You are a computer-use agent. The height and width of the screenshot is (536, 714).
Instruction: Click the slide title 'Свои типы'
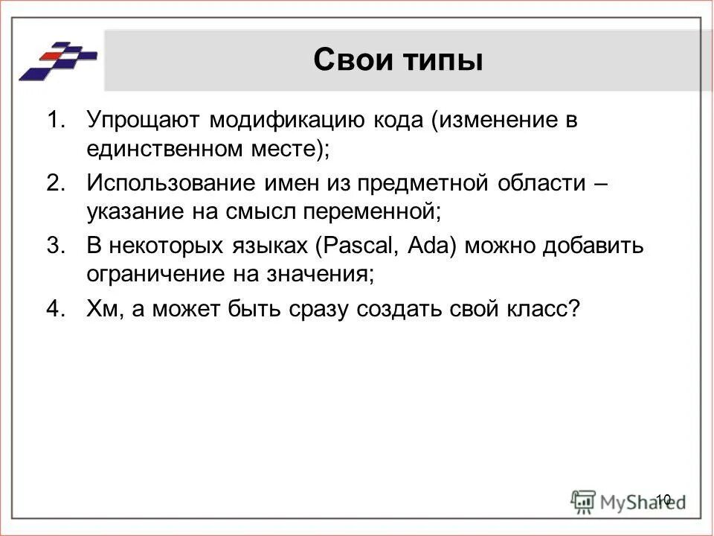pyautogui.click(x=398, y=60)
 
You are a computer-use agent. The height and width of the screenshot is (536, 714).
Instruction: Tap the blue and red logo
pyautogui.click(x=58, y=60)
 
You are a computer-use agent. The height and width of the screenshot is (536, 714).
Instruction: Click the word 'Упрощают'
pyautogui.click(x=141, y=121)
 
